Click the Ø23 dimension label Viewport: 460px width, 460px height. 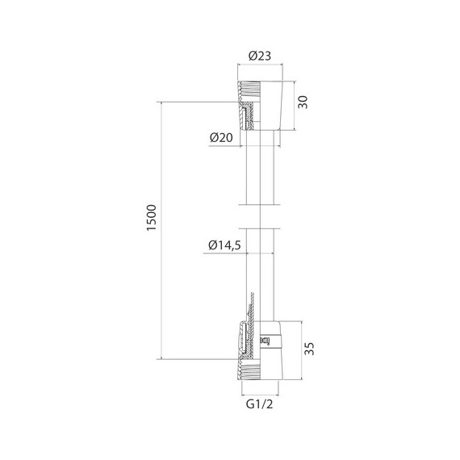point(259,56)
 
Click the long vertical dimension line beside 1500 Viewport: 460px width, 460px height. point(161,230)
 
